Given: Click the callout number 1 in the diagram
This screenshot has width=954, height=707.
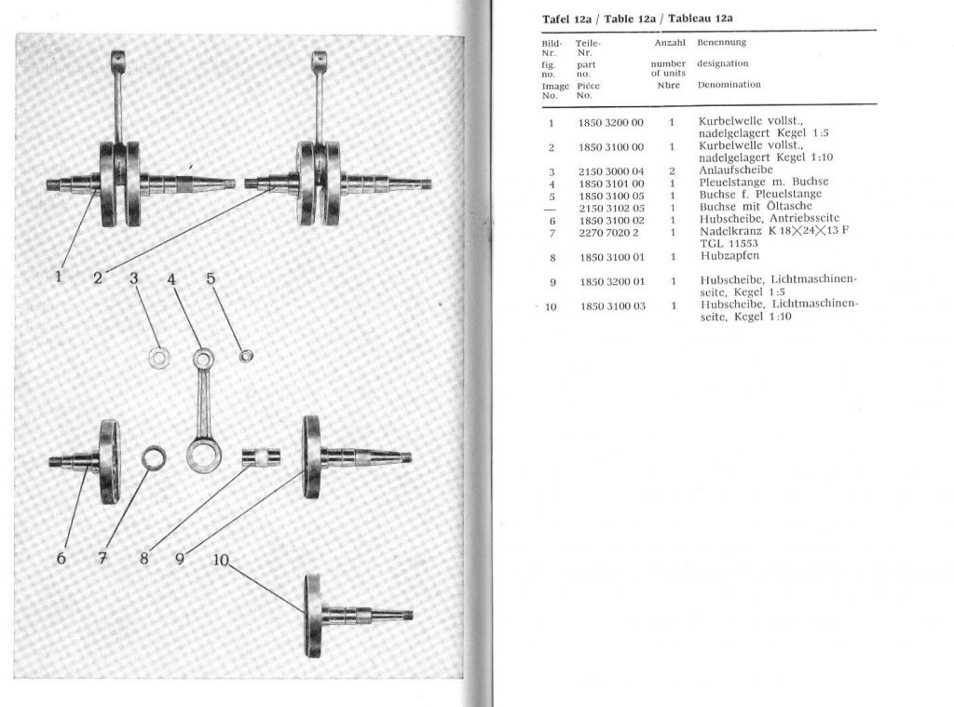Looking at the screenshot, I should pos(59,276).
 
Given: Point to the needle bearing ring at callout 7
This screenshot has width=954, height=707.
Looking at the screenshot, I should pos(154,457).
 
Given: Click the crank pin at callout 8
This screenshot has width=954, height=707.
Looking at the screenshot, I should pos(261,456).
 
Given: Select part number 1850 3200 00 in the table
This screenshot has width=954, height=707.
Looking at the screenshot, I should pos(610,122).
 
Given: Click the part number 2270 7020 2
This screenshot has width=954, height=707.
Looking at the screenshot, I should pos(607,231).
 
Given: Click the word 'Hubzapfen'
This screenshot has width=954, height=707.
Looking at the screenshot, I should pos(729,256).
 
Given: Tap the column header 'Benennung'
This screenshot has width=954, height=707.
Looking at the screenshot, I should pos(721,43).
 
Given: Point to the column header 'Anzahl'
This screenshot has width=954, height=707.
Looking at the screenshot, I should pos(670,43).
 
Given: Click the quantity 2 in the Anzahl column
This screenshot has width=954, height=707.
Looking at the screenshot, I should pos(671,171).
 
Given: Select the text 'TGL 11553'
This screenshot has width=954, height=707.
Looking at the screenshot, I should pos(730,242).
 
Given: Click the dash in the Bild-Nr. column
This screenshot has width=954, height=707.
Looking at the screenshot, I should pos(551,208).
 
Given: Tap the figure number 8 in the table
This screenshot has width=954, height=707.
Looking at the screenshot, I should pos(552,257).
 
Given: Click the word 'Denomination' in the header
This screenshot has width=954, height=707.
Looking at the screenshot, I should pos(729,85).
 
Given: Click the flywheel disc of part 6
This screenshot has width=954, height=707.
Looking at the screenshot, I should pos(109,460).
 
